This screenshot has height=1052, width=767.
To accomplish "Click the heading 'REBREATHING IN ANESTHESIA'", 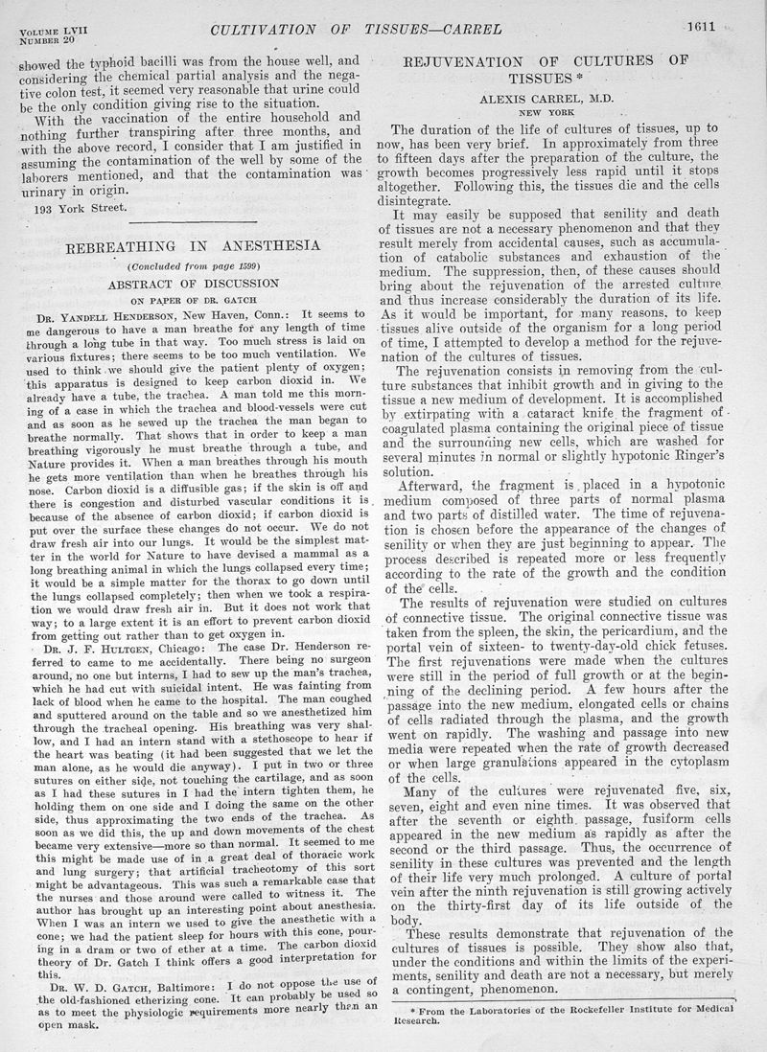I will (193, 246).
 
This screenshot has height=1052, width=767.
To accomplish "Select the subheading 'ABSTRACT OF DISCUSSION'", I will (193, 285).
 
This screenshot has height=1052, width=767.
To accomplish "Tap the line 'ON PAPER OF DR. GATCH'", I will (193, 299).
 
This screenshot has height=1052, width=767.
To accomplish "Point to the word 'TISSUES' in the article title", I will (542, 79).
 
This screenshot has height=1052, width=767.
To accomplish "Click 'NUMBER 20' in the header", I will (46, 43).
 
